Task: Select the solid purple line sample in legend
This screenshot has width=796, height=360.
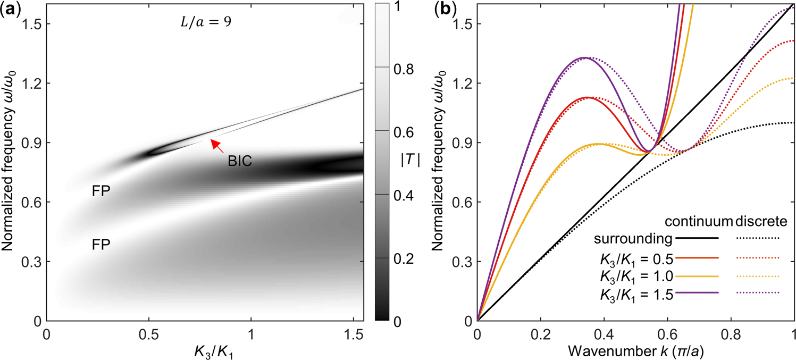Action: (x=697, y=293)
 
